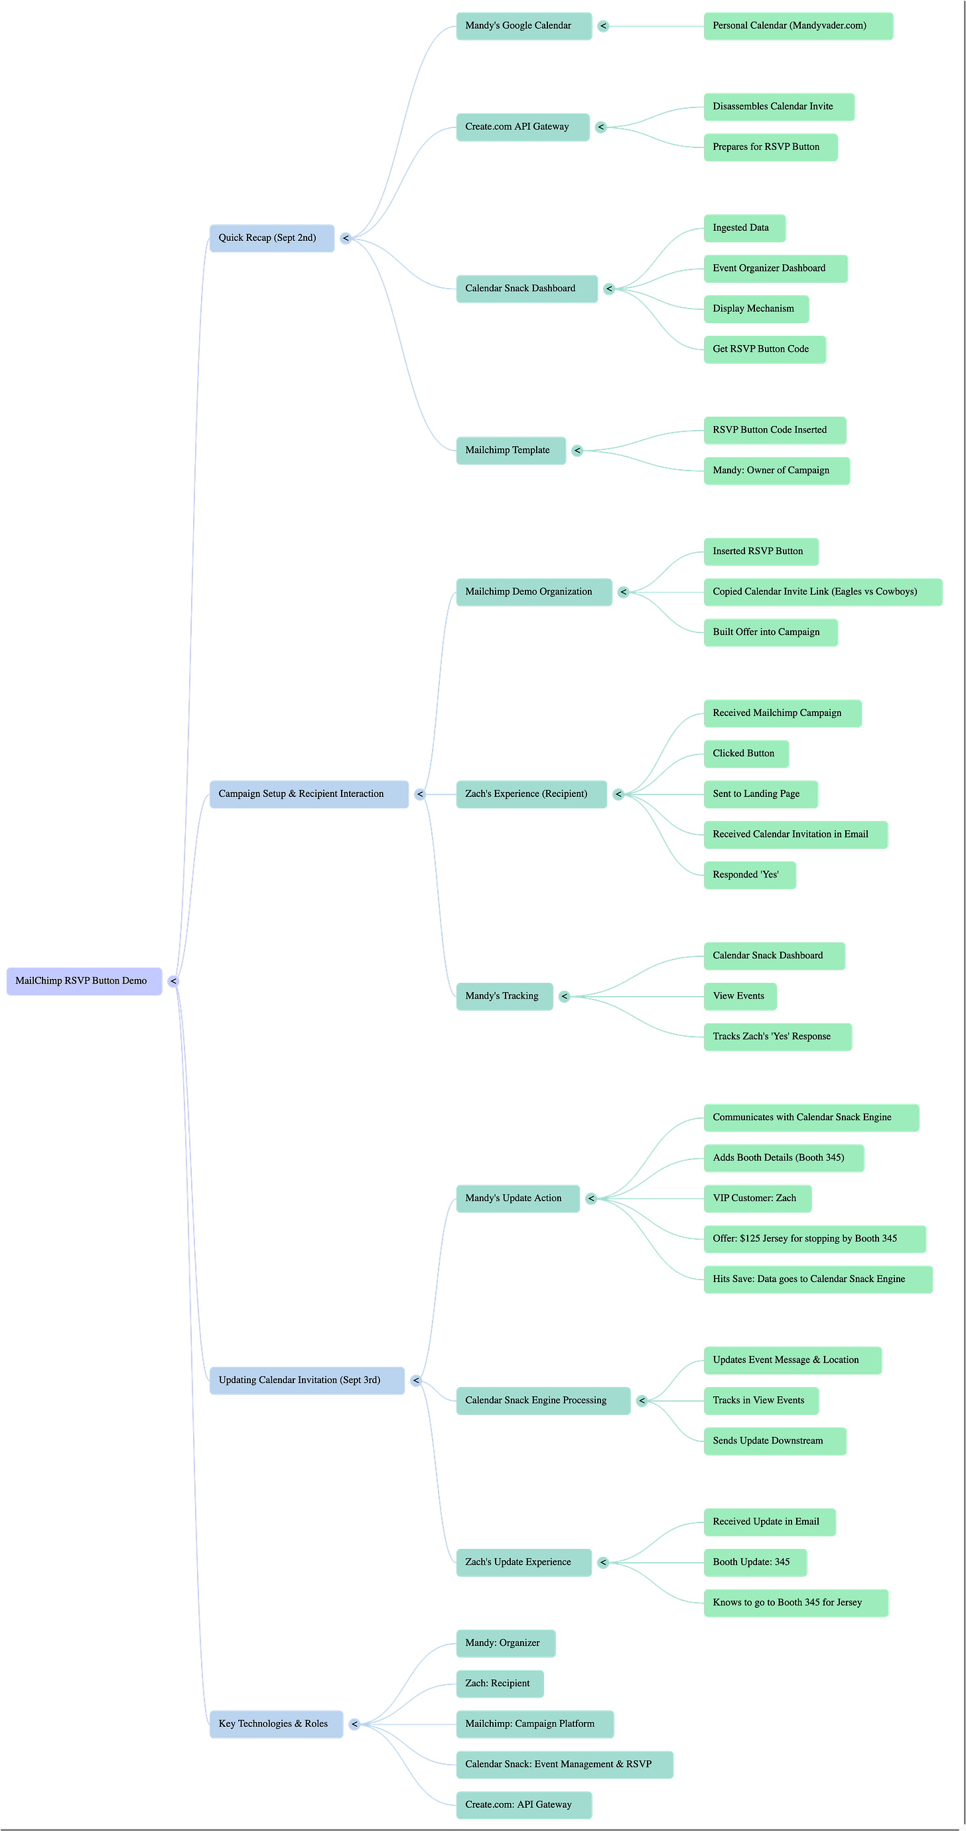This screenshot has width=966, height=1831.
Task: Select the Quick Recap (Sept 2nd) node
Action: pyautogui.click(x=271, y=238)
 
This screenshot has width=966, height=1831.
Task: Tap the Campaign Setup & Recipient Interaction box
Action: pyautogui.click(x=309, y=794)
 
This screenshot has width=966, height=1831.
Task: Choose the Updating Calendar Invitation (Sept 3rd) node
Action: pyautogui.click(x=307, y=1380)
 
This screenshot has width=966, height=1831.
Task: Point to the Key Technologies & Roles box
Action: pyautogui.click(x=276, y=1723)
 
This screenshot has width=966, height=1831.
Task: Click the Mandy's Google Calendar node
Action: pyautogui.click(x=523, y=26)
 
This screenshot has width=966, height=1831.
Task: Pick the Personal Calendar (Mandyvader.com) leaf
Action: pyautogui.click(x=797, y=26)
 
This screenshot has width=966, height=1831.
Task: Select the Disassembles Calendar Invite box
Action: pyautogui.click(x=778, y=107)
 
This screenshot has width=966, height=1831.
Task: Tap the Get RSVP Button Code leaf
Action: pyautogui.click(x=764, y=349)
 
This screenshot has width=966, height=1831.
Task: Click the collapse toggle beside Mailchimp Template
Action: pyautogui.click(x=577, y=451)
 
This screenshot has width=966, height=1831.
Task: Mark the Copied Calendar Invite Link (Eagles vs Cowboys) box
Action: pyautogui.click(x=823, y=592)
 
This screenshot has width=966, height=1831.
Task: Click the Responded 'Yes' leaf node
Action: pyautogui.click(x=749, y=875)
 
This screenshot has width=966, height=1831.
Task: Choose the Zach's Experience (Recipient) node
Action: pyautogui.click(x=531, y=794)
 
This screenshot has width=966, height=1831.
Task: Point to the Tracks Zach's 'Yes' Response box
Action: pyautogui.click(x=777, y=1037)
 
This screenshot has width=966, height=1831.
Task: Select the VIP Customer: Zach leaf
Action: pyautogui.click(x=757, y=1199)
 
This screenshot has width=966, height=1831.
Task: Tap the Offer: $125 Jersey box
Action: pyautogui.click(x=814, y=1239)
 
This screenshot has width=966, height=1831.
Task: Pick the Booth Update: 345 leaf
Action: pyautogui.click(x=754, y=1562)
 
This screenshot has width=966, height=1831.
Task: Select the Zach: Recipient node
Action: pyautogui.click(x=499, y=1683)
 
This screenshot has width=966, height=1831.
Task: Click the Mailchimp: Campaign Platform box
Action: pyautogui.click(x=534, y=1723)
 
